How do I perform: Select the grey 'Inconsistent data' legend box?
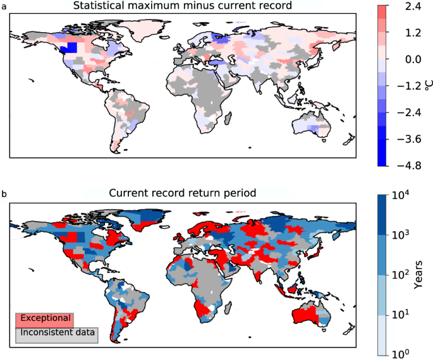57,332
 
